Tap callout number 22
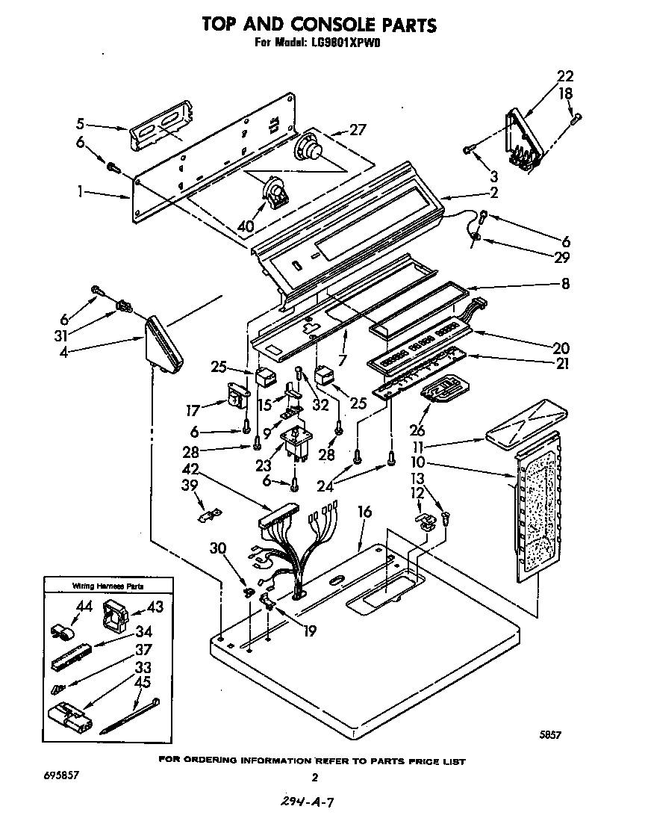(565, 75)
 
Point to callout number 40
(245, 226)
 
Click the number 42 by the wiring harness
(191, 470)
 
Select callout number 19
(309, 631)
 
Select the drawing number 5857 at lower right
(550, 735)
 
